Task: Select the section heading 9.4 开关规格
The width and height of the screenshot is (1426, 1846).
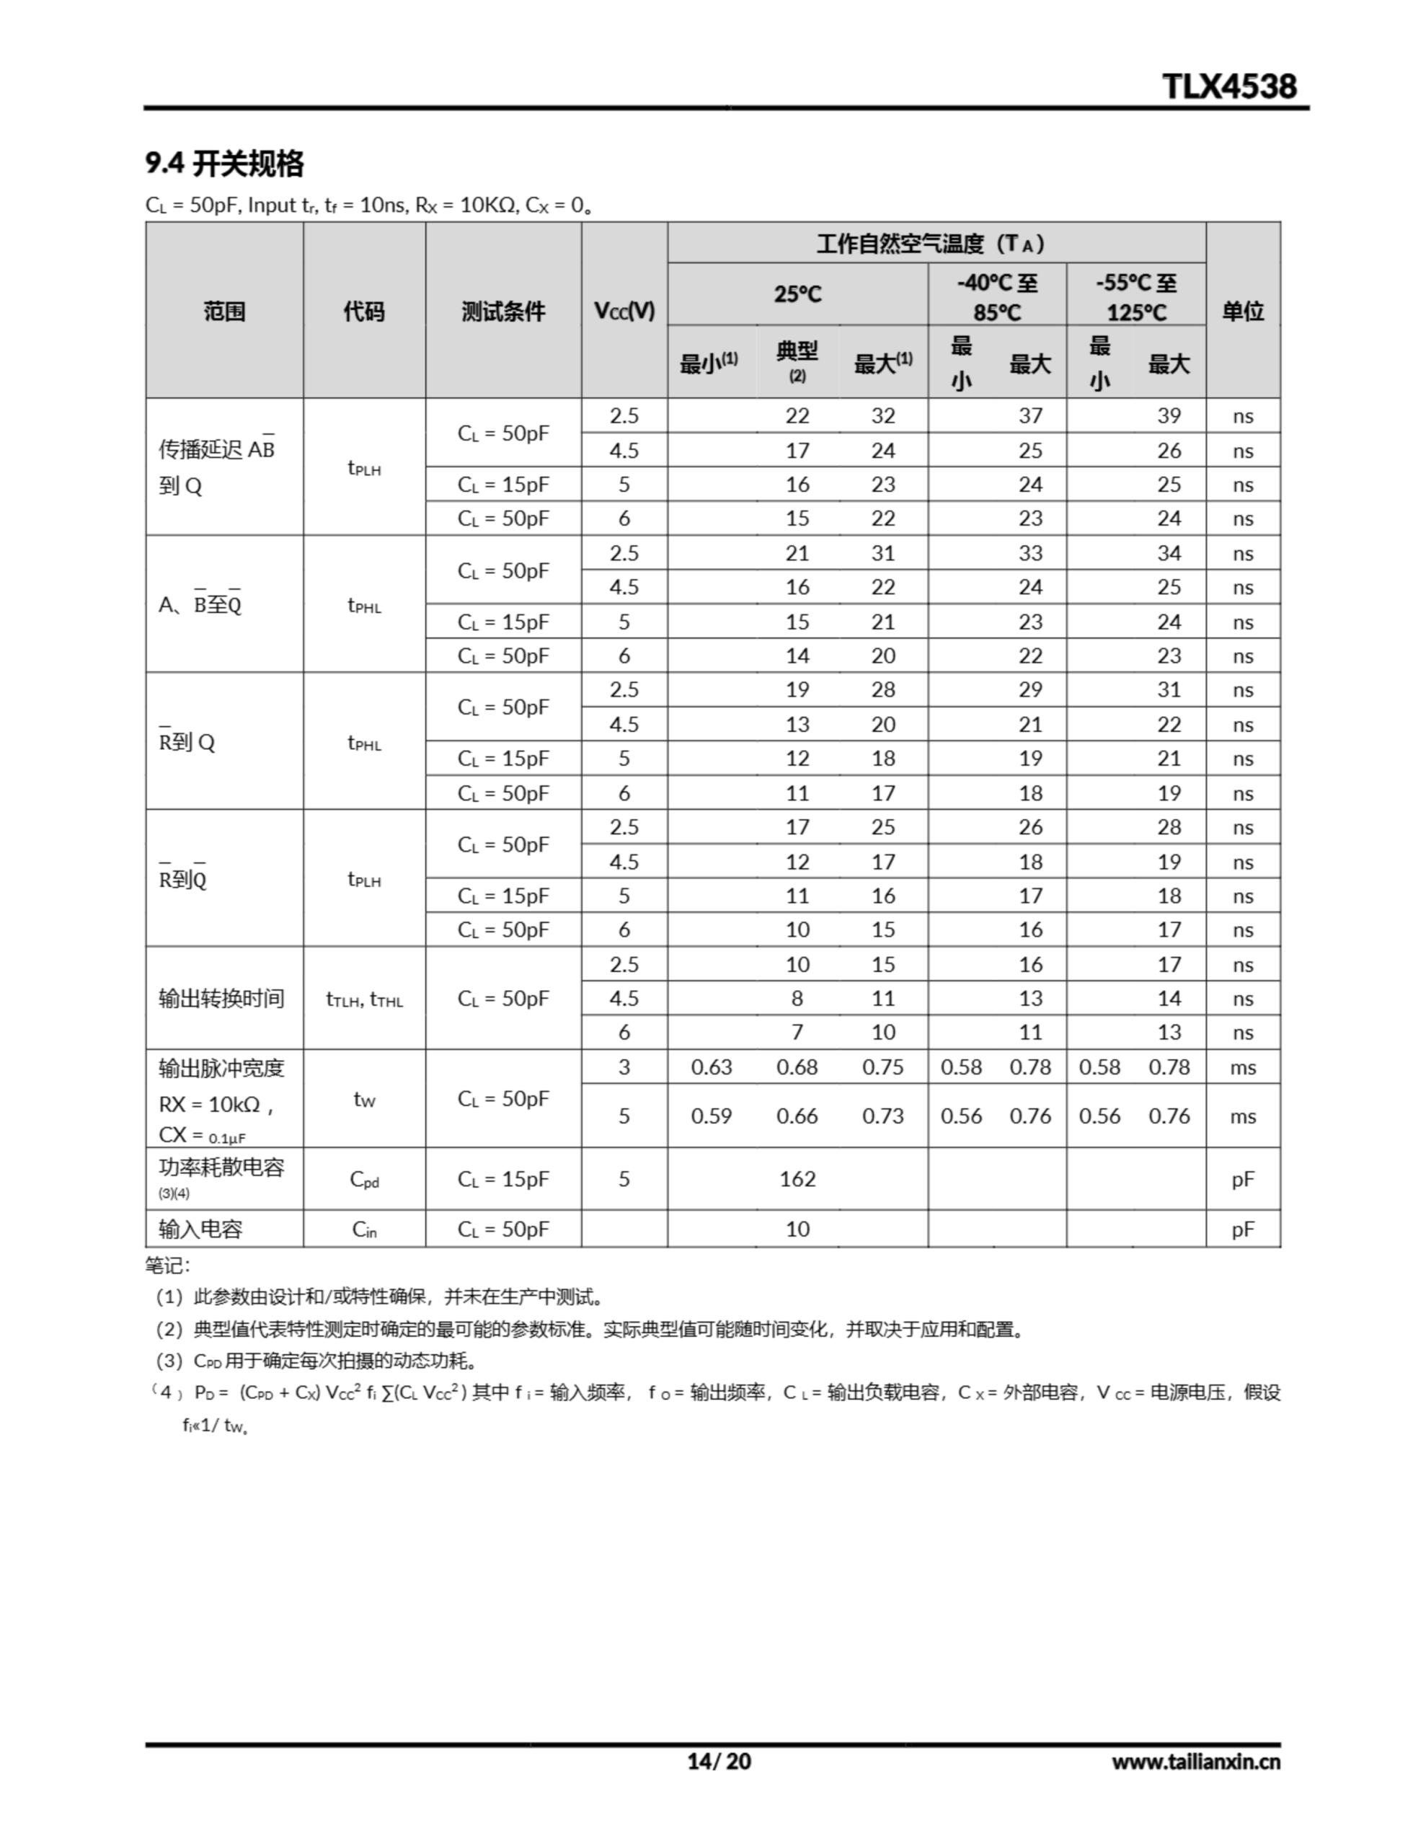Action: pos(224,163)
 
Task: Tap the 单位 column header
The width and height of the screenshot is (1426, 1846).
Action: pos(1243,311)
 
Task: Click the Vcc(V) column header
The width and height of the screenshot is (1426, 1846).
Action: pos(624,311)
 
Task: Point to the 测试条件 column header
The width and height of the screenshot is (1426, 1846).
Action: pos(503,311)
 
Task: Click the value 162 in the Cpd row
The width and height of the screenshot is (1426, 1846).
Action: pos(797,1178)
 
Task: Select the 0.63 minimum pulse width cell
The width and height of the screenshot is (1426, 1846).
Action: pos(711,1066)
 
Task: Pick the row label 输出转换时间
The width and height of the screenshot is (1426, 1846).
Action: pos(221,998)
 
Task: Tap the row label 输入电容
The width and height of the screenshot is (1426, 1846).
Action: pos(200,1228)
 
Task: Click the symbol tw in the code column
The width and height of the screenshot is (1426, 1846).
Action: pos(364,1099)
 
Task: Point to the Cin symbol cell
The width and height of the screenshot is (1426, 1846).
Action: pos(364,1229)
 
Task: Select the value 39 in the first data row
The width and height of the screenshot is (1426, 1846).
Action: pos(1169,416)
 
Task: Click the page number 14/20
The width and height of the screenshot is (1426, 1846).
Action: pos(719,1761)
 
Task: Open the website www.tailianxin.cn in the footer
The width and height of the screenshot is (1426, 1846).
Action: pos(1195,1762)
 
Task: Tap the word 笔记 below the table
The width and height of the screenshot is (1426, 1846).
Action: pos(167,1266)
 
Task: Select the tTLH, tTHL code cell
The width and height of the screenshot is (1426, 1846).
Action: pos(364,999)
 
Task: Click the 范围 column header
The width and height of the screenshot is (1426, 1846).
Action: pos(224,311)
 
